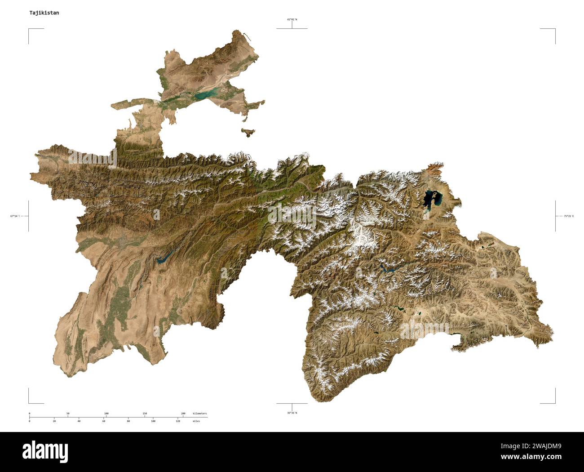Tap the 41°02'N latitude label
pos(292,19)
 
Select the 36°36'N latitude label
pos(292,413)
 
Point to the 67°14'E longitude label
pos(15,216)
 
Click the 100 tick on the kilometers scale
pos(106,414)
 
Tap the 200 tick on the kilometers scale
pos(183,414)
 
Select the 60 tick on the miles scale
pos(103,421)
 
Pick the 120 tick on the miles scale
pos(178,421)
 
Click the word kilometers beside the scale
pos(200,413)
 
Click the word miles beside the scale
pos(197,421)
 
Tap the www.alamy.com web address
pos(537,457)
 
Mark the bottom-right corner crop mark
pos(555,402)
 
